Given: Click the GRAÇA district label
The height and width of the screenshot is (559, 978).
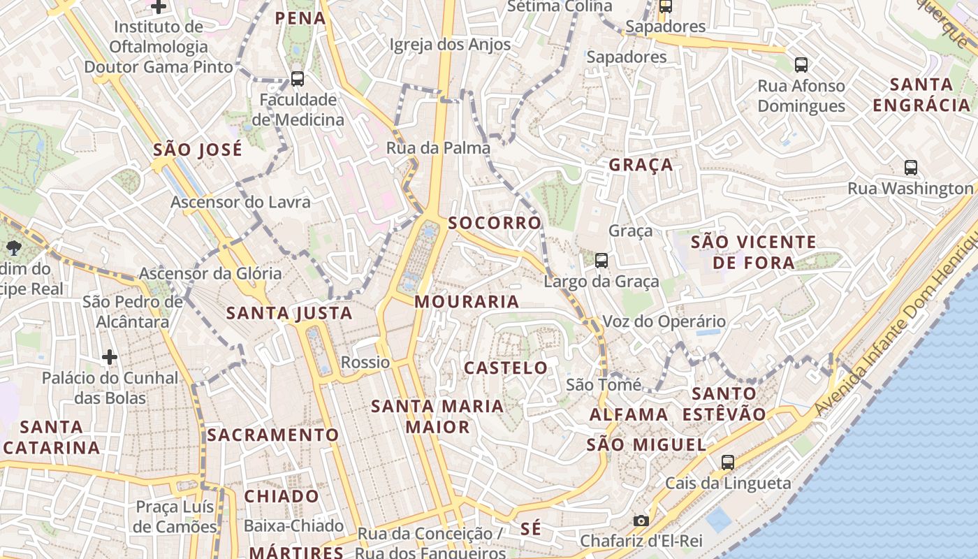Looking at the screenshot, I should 641,165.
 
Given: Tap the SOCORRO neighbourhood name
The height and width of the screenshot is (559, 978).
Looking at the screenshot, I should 495,223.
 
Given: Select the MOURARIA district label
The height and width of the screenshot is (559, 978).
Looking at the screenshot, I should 467,302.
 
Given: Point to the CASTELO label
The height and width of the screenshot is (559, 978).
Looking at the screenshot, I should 506,368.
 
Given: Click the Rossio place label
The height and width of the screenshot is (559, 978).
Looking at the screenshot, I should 365,362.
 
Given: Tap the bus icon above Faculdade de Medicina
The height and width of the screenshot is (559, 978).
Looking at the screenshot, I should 298,79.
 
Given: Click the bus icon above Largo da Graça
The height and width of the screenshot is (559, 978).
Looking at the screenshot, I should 601,261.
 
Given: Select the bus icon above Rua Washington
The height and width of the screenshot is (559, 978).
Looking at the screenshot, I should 911,168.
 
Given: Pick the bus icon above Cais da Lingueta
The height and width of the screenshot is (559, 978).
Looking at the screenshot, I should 728,462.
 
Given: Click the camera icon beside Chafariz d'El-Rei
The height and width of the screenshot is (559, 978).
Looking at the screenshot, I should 641,521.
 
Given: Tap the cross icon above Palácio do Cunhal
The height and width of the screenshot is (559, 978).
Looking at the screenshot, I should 110,357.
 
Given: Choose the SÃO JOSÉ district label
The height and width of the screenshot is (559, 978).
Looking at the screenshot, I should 198,150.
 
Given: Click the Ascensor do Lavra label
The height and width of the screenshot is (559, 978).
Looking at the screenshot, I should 241,202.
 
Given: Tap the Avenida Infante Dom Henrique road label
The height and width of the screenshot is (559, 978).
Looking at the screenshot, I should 897,328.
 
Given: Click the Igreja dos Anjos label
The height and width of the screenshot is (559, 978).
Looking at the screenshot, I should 450,44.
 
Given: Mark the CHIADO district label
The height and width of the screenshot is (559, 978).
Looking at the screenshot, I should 282,496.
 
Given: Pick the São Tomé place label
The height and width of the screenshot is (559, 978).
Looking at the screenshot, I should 604,384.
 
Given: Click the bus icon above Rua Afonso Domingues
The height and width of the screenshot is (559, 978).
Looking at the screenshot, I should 801,65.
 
